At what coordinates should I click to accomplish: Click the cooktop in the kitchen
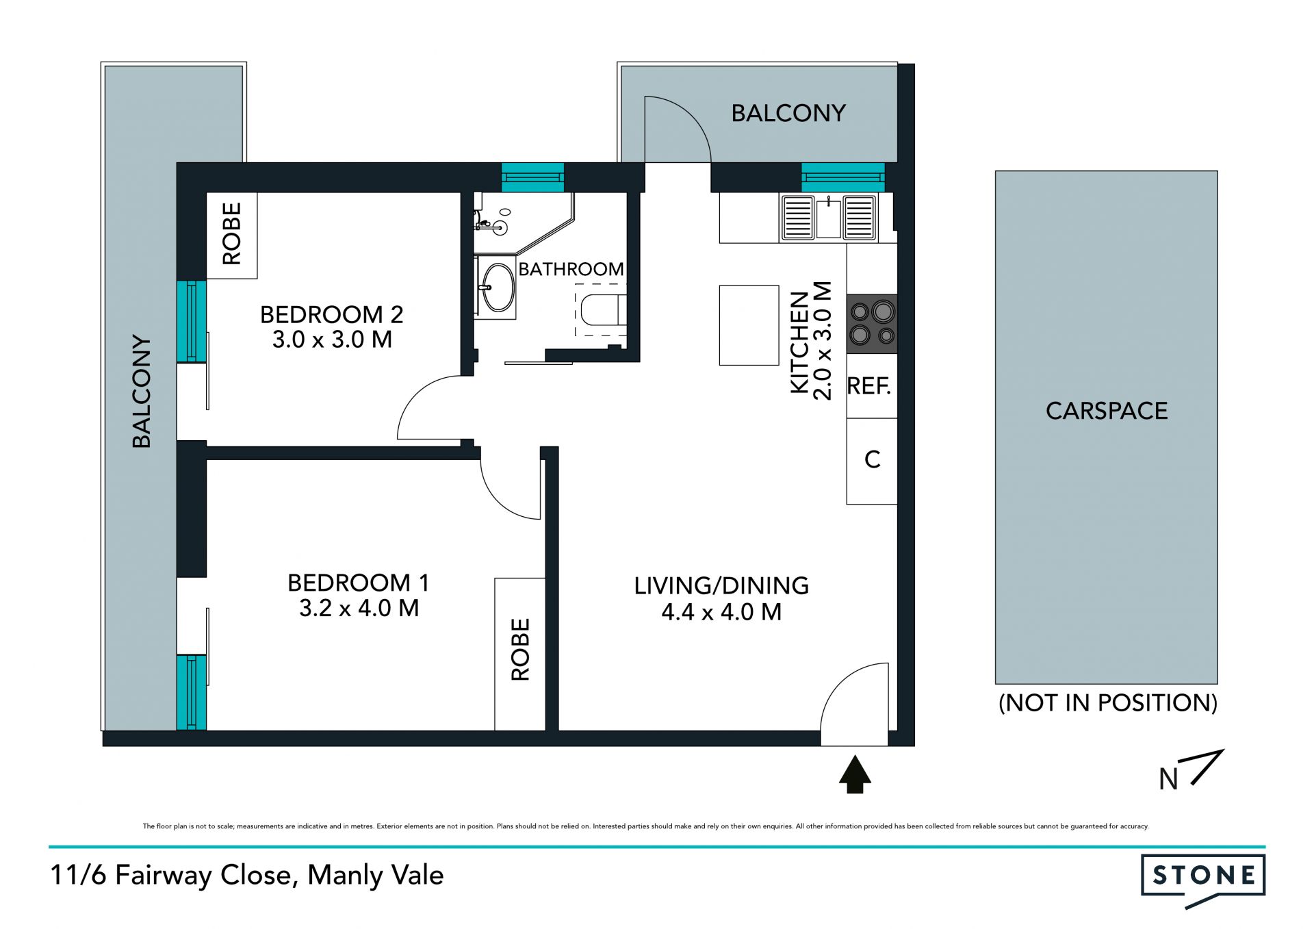[x=871, y=324]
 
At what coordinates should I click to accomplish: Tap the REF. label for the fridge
[x=869, y=386]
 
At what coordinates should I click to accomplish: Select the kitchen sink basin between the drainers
[x=828, y=218]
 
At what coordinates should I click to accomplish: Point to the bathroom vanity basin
[x=498, y=288]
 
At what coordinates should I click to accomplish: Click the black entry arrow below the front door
[x=855, y=774]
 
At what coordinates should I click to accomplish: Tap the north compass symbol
[x=1191, y=771]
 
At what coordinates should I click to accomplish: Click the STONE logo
[x=1203, y=880]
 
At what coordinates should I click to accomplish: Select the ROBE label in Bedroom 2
[x=232, y=233]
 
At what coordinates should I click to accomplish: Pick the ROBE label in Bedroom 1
[x=521, y=650]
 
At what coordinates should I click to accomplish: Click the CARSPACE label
[x=1107, y=411]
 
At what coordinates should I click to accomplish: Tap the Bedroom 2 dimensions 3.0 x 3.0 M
[x=333, y=340]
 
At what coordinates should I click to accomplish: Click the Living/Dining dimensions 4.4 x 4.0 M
[x=721, y=612]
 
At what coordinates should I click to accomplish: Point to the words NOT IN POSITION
[x=1108, y=703]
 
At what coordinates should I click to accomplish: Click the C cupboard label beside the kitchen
[x=872, y=459]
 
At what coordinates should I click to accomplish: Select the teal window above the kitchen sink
[x=843, y=177]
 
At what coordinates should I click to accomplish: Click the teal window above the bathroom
[x=532, y=177]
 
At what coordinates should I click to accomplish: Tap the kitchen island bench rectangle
[x=749, y=325]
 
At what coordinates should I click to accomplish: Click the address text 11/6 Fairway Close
[x=175, y=876]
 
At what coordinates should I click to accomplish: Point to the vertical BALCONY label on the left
[x=142, y=392]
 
